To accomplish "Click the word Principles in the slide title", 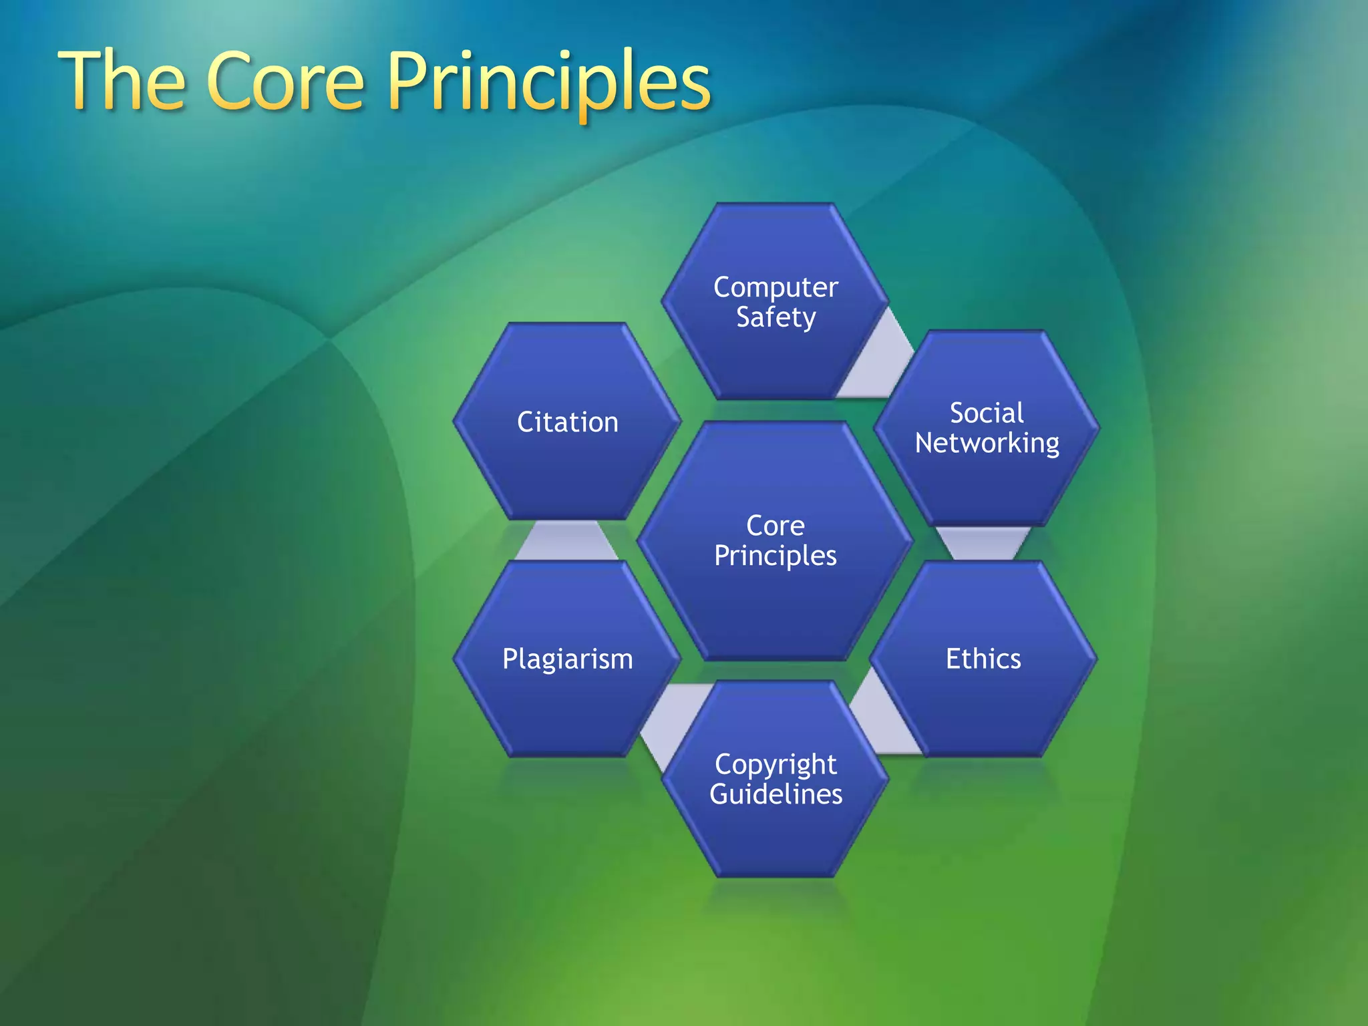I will pyautogui.click(x=549, y=83).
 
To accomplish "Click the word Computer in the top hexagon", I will pyautogui.click(x=776, y=287).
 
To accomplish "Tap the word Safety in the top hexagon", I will pyautogui.click(x=776, y=317).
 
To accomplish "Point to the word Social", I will pyautogui.click(x=987, y=413).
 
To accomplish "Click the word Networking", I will pyautogui.click(x=987, y=444).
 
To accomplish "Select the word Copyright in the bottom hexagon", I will pyautogui.click(x=776, y=764).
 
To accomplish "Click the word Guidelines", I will pyautogui.click(x=776, y=794).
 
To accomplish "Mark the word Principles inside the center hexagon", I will pyautogui.click(x=775, y=556).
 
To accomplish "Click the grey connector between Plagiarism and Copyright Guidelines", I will pyautogui.click(x=671, y=721).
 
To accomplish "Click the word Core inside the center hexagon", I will pyautogui.click(x=775, y=526).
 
